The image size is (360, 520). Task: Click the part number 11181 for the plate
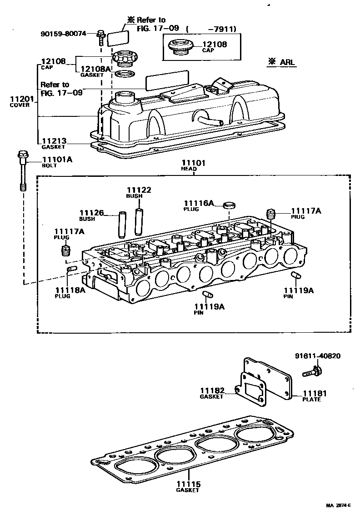click(x=315, y=394)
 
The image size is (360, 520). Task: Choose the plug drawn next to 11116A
click(x=230, y=205)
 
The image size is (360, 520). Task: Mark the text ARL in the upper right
click(x=286, y=62)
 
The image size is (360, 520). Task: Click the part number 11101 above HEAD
click(x=194, y=163)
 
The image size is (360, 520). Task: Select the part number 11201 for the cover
click(x=20, y=99)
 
